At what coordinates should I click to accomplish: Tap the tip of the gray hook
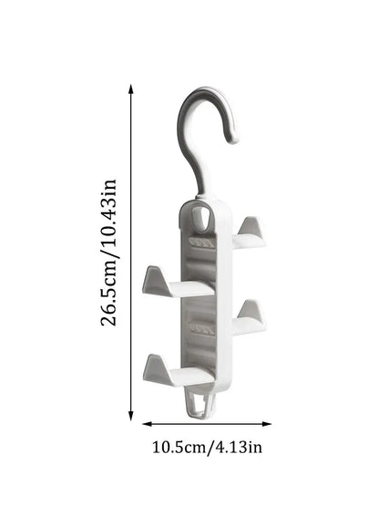pos(233,139)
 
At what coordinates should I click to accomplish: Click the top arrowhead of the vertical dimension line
pos(131,89)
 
